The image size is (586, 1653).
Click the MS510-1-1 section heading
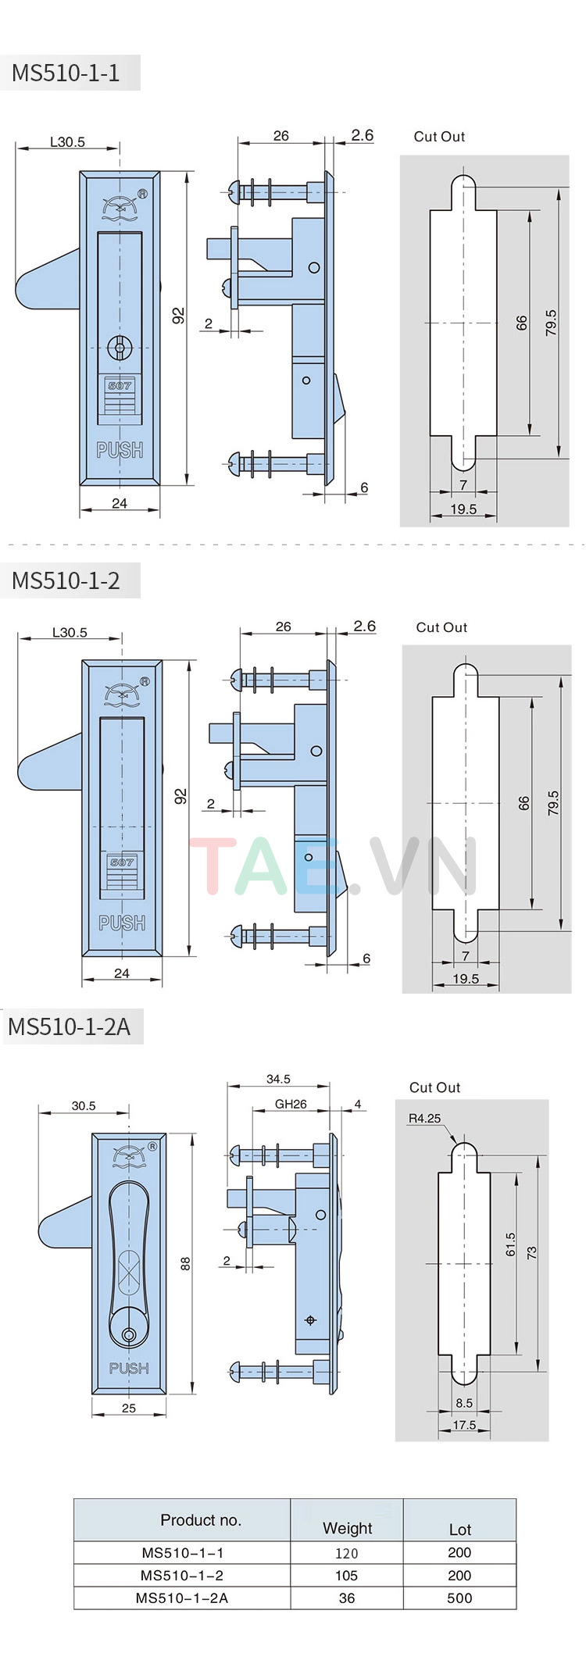tap(66, 73)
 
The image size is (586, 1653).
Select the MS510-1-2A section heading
tap(70, 1026)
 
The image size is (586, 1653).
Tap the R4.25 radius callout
tap(424, 1119)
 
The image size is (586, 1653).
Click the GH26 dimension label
tap(291, 1104)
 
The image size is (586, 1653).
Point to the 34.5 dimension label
tap(278, 1079)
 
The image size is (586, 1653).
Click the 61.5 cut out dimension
tap(510, 1244)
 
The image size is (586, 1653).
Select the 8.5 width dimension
tap(464, 1403)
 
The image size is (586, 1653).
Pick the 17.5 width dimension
tap(464, 1425)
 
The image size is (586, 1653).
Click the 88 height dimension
tap(185, 1263)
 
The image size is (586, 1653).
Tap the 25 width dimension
tap(129, 1408)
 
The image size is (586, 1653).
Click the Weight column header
tap(347, 1528)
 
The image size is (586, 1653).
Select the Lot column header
tap(459, 1530)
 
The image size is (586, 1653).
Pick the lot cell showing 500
tap(459, 1598)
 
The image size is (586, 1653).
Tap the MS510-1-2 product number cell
tap(182, 1576)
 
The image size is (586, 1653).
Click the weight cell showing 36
tap(346, 1598)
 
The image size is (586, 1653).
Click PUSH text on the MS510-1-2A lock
tap(129, 1368)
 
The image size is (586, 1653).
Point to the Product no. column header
tap(201, 1520)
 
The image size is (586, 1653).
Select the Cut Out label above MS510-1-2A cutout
tap(434, 1087)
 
